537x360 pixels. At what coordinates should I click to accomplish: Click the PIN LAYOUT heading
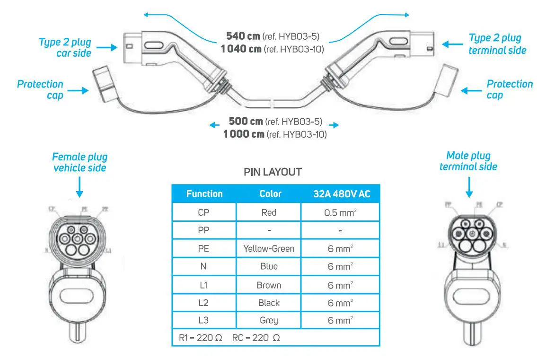(273, 172)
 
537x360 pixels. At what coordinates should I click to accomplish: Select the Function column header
(204, 193)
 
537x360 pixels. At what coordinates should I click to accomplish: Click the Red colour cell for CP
(269, 212)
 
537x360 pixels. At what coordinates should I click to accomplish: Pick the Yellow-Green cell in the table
(269, 248)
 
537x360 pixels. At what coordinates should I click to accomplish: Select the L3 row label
(204, 320)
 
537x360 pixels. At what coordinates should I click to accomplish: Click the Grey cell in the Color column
(269, 320)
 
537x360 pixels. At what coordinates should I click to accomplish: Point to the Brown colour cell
(269, 285)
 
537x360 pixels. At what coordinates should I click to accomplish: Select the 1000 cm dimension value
(244, 134)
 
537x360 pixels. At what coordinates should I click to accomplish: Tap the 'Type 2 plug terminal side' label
(497, 44)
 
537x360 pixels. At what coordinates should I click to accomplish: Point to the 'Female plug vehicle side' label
(79, 162)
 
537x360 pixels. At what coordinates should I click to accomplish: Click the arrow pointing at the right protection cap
(470, 90)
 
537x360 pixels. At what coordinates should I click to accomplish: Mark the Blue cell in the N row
(269, 266)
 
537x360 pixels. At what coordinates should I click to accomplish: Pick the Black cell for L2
(269, 303)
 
